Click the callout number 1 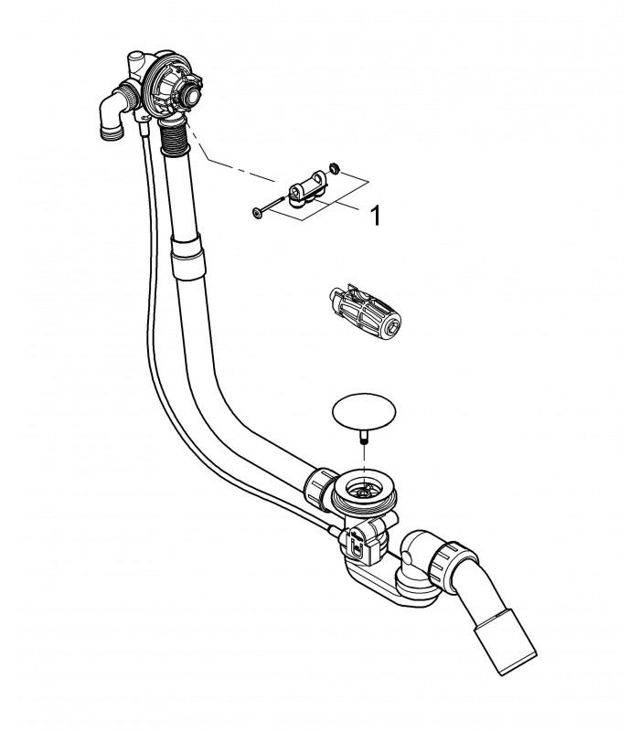pyautogui.click(x=375, y=216)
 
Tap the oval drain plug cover pyautogui.click(x=363, y=412)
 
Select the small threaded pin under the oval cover pyautogui.click(x=364, y=439)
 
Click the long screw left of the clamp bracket pyautogui.click(x=268, y=207)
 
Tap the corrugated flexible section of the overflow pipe pyautogui.click(x=175, y=137)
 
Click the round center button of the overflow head pyautogui.click(x=192, y=95)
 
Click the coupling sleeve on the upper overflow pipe pyautogui.click(x=188, y=258)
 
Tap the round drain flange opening pyautogui.click(x=364, y=491)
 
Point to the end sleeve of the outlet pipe pyautogui.click(x=505, y=647)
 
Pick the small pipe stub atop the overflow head pyautogui.click(x=135, y=61)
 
